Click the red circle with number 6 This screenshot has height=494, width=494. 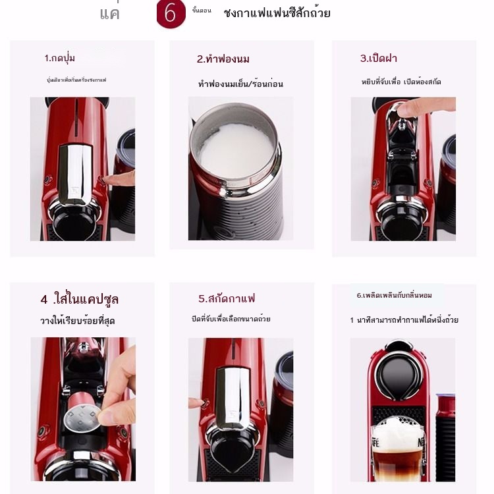click(171, 14)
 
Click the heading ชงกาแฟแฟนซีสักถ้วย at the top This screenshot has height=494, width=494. click(277, 13)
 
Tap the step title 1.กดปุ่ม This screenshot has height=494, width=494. click(60, 58)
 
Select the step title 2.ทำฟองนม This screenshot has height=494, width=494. click(223, 59)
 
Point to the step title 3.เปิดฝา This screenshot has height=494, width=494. click(378, 58)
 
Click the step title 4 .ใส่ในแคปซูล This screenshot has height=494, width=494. click(79, 300)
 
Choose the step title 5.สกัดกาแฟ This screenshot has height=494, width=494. click(227, 298)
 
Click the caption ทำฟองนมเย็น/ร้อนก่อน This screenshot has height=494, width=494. click(240, 84)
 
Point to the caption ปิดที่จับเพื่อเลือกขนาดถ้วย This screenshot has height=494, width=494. click(231, 319)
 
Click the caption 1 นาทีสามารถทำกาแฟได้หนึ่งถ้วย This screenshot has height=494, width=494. click(404, 320)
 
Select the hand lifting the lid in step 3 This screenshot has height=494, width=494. click(425, 105)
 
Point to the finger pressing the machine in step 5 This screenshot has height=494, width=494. click(196, 402)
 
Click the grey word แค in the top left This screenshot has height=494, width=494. click(109, 14)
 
